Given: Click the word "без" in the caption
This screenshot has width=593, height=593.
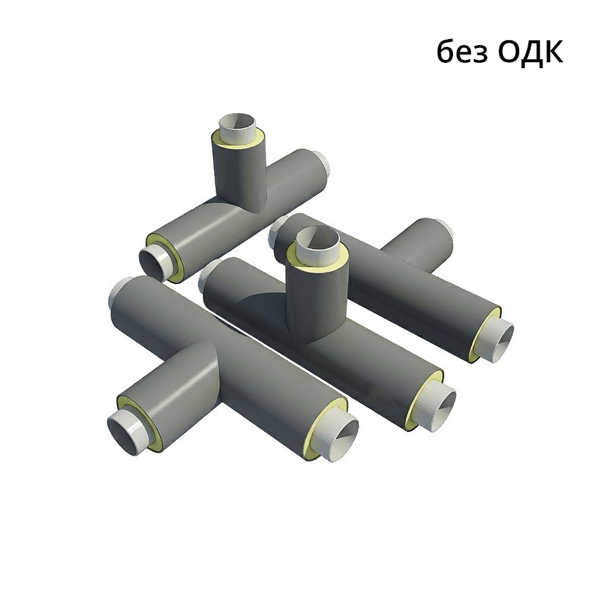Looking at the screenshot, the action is (462, 52).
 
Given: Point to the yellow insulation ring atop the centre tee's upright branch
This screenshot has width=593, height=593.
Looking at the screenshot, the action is (317, 255).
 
